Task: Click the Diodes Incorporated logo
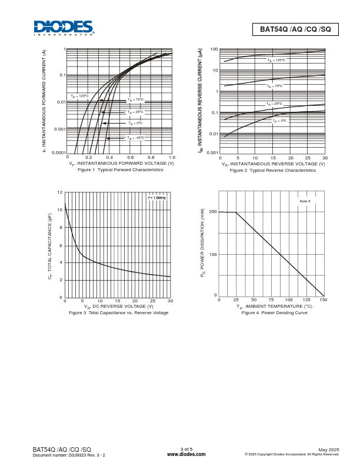pyautogui.click(x=63, y=28)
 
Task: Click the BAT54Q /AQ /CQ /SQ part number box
pyautogui.click(x=295, y=29)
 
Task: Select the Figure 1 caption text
pyautogui.click(x=120, y=169)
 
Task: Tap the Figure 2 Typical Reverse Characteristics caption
pyautogui.click(x=272, y=170)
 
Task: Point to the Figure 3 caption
pyautogui.click(x=118, y=312)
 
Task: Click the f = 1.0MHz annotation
pyautogui.click(x=157, y=198)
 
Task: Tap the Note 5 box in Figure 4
pyautogui.click(x=305, y=201)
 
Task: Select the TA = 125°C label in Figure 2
pyautogui.click(x=276, y=60)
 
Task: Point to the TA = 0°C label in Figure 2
pyautogui.click(x=279, y=121)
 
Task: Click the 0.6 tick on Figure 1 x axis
pyautogui.click(x=130, y=158)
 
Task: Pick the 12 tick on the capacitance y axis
pyautogui.click(x=60, y=192)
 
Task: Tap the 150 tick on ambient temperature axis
pyautogui.click(x=323, y=300)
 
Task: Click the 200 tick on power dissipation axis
pyautogui.click(x=213, y=212)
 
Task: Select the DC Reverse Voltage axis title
pyautogui.click(x=118, y=306)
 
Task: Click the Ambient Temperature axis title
pyautogui.click(x=274, y=306)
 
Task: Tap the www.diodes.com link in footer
pyautogui.click(x=186, y=454)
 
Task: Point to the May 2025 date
pyautogui.click(x=329, y=449)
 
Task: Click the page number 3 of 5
pyautogui.click(x=186, y=449)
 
